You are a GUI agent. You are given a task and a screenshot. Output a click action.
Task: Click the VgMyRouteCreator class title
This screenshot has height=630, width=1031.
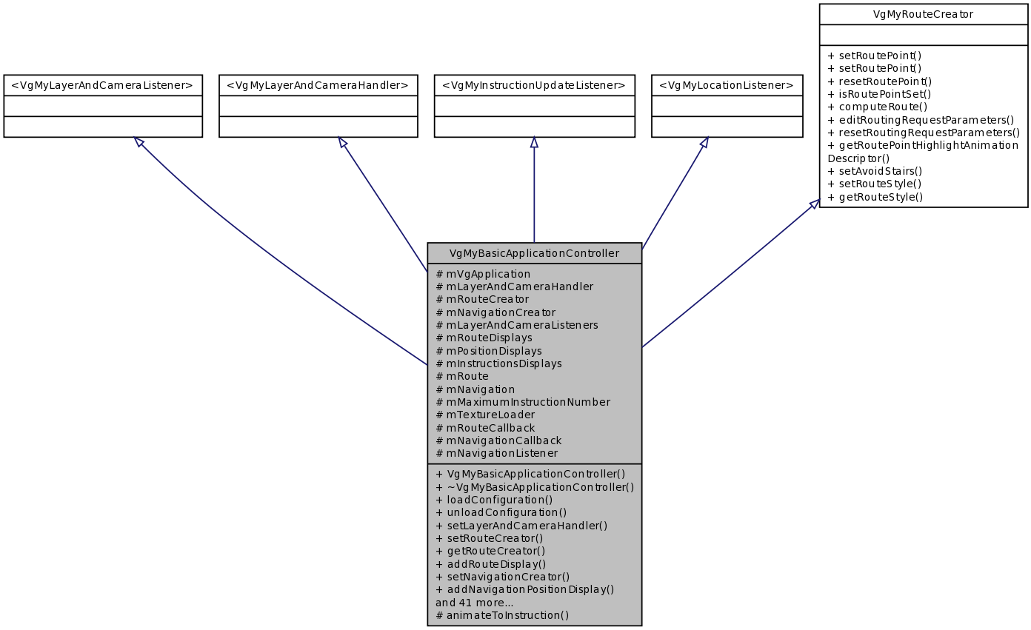(x=923, y=14)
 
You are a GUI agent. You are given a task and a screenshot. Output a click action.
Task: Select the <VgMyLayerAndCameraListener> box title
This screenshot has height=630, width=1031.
(x=102, y=85)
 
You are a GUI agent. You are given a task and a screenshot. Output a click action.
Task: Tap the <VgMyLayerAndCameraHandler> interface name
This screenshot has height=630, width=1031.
(x=318, y=85)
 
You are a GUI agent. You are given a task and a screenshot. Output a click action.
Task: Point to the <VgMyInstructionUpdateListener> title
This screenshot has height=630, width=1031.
(x=534, y=85)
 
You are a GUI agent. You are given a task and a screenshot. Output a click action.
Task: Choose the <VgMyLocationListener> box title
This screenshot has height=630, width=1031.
(x=727, y=85)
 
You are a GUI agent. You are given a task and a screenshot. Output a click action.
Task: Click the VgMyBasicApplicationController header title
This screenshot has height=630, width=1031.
(x=534, y=253)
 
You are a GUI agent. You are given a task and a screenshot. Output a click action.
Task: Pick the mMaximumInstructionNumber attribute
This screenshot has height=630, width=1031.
(x=523, y=402)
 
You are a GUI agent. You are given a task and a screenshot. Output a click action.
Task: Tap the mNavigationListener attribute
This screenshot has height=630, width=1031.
(x=496, y=453)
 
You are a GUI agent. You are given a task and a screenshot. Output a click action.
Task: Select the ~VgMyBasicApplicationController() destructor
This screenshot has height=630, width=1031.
(x=535, y=486)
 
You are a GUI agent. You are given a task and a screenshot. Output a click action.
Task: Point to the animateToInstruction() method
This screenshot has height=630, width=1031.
(x=502, y=614)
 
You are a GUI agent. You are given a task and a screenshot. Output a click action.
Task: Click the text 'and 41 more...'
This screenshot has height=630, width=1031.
(x=474, y=602)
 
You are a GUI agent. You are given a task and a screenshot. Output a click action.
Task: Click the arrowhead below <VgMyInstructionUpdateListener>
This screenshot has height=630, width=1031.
(x=534, y=143)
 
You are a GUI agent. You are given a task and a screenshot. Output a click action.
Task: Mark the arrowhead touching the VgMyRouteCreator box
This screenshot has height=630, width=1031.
(x=814, y=204)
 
